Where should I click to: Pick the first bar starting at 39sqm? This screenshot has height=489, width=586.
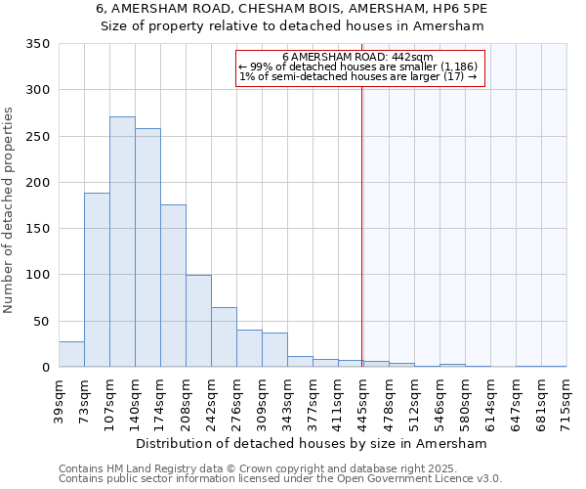point(71,354)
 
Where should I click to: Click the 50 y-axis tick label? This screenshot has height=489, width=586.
point(41,321)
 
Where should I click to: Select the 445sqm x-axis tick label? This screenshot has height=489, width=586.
point(363,401)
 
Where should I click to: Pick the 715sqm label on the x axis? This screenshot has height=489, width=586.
point(566,401)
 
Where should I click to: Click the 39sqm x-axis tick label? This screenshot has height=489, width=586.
point(59,401)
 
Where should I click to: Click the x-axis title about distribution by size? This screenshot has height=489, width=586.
point(311,443)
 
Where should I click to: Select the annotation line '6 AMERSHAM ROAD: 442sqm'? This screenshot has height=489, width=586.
point(363,57)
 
